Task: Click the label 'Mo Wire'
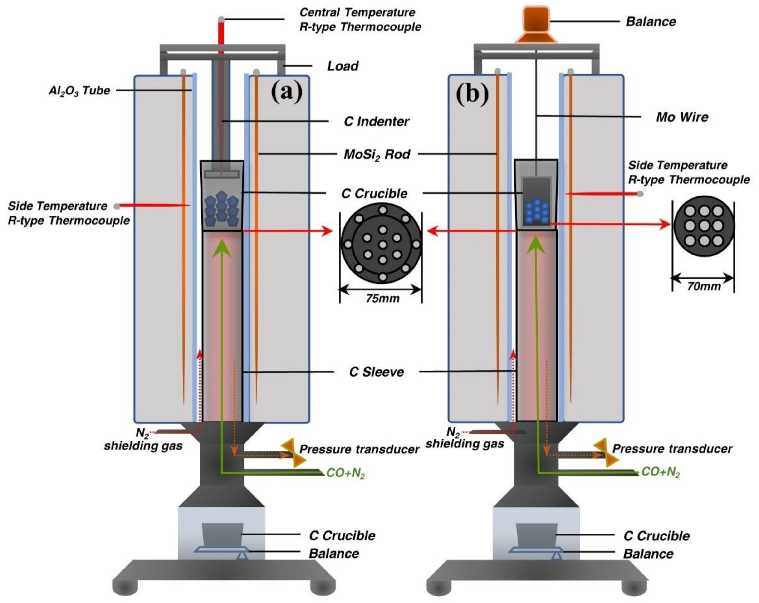point(682,117)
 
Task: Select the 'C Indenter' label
point(376,122)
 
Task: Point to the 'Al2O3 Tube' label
point(79,91)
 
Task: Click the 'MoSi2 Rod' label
point(377,154)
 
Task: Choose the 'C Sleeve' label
point(376,372)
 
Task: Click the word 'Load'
point(343,66)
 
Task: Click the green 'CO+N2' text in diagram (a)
point(345,473)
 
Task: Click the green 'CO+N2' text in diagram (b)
point(661,472)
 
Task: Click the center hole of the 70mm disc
point(704,226)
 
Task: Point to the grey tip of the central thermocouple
point(221,19)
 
